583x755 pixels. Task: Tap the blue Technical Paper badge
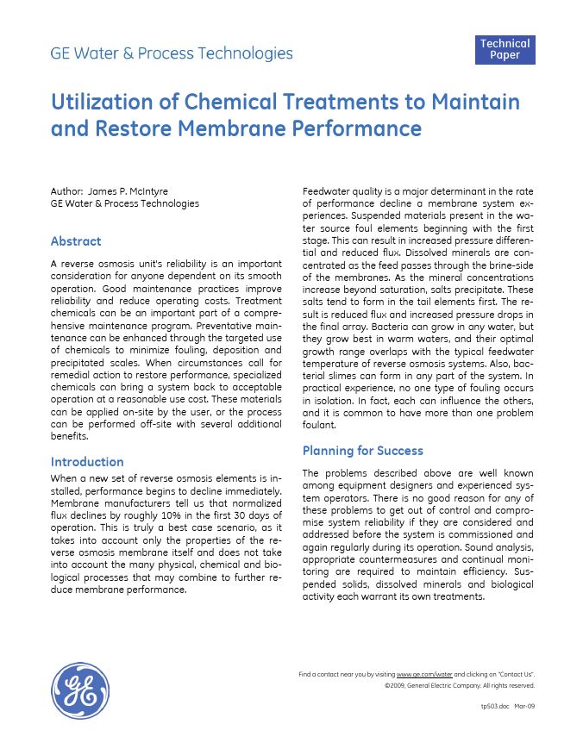(505, 49)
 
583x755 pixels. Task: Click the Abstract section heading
(76, 241)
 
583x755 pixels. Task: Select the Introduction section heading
(87, 462)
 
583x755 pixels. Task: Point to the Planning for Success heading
(362, 451)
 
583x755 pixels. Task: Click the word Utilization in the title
(100, 103)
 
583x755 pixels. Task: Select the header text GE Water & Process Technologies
(172, 53)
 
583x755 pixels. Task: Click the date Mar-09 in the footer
(524, 706)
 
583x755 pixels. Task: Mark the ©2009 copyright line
(459, 686)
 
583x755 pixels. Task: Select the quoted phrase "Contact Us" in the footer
(516, 673)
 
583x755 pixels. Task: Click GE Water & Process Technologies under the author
(125, 203)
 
